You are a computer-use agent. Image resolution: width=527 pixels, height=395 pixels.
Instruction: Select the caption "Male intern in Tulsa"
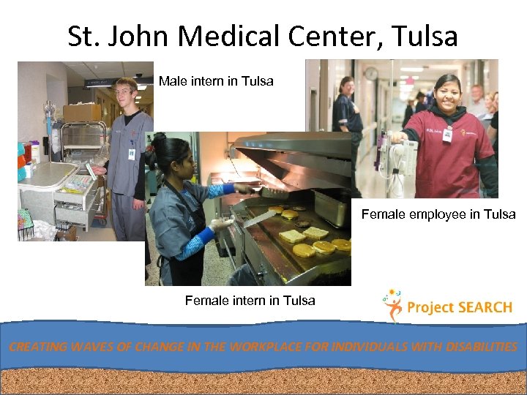216,81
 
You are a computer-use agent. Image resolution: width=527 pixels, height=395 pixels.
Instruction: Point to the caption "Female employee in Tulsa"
438,214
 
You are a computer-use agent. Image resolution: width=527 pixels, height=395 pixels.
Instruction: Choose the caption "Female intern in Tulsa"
250,300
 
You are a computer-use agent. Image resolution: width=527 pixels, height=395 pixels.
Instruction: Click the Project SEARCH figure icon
392,305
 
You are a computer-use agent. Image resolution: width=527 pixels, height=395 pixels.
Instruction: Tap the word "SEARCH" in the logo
485,307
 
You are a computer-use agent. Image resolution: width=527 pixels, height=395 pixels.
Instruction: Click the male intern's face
126,94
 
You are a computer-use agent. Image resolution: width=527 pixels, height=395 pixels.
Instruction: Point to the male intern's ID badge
132,154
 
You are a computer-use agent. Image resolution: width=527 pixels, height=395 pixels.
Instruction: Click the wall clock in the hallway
371,73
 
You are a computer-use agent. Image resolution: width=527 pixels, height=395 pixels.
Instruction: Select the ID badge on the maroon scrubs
446,135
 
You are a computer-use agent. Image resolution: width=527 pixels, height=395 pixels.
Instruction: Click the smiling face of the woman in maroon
447,94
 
